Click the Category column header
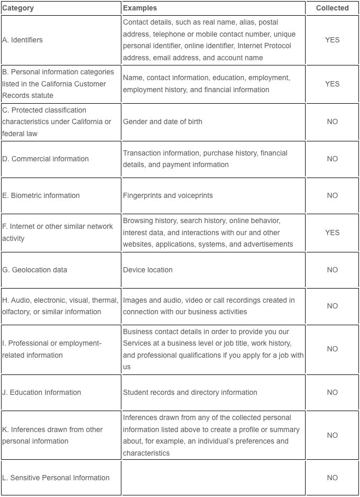pyautogui.click(x=18, y=8)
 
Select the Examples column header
pyautogui.click(x=140, y=8)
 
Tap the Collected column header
pyautogui.click(x=332, y=8)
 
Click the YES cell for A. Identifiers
pyautogui.click(x=332, y=40)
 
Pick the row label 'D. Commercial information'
pyautogui.click(x=46, y=159)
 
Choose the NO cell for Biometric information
pyautogui.click(x=332, y=195)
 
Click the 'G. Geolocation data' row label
pyautogui.click(x=35, y=270)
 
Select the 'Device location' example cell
pyautogui.click(x=148, y=270)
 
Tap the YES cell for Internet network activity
pyautogui.click(x=332, y=233)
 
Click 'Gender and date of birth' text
pyautogui.click(x=162, y=122)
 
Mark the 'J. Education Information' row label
pyautogui.click(x=42, y=392)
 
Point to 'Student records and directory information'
pyautogui.click(x=190, y=392)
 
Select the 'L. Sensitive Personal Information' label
pyautogui.click(x=56, y=478)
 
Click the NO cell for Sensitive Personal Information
pyautogui.click(x=332, y=478)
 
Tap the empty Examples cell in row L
pyautogui.click(x=213, y=478)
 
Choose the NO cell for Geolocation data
pyautogui.click(x=332, y=270)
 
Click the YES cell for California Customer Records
pyautogui.click(x=332, y=84)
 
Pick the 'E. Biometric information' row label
pyautogui.click(x=41, y=195)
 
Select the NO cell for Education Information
pyautogui.click(x=332, y=392)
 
